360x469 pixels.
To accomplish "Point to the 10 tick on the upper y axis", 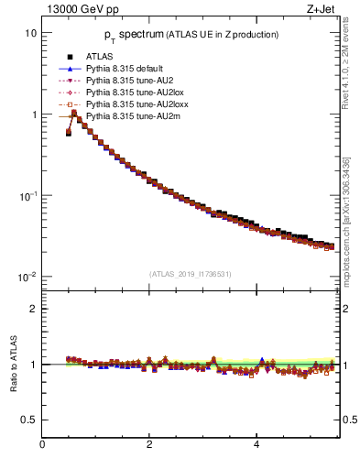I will (31, 33).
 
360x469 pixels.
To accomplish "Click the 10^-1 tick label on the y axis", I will (28, 196).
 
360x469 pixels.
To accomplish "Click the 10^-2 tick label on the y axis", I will (28, 278).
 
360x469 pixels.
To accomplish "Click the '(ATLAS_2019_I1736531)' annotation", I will (189, 273).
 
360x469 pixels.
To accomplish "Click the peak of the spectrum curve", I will (74, 114).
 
